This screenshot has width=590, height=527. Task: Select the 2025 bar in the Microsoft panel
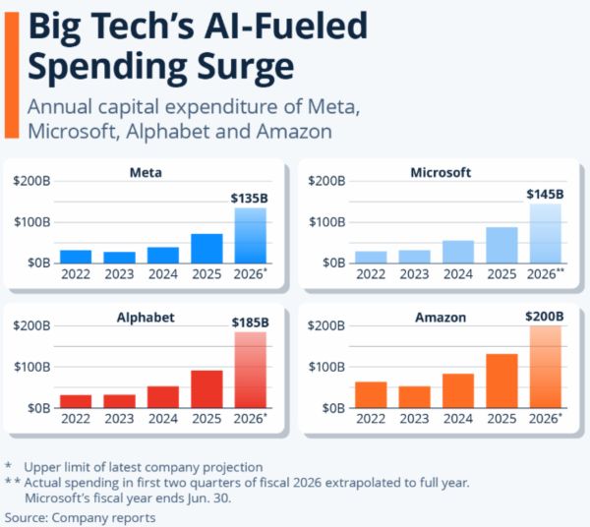pyautogui.click(x=501, y=245)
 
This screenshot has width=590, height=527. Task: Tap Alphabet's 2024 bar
pyautogui.click(x=163, y=395)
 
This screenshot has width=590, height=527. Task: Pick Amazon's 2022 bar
pyautogui.click(x=370, y=393)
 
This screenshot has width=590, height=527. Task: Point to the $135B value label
pyautogui.click(x=250, y=199)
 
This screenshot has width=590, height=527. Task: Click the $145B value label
pyautogui.click(x=545, y=194)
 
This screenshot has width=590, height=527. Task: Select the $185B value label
pyautogui.click(x=250, y=322)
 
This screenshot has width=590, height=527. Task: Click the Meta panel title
pyautogui.click(x=146, y=173)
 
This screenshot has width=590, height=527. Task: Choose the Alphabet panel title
pyautogui.click(x=146, y=319)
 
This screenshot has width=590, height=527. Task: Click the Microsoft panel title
pyautogui.click(x=440, y=173)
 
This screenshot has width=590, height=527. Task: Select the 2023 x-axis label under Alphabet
pyautogui.click(x=120, y=419)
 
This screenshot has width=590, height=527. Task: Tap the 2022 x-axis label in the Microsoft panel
pyautogui.click(x=370, y=274)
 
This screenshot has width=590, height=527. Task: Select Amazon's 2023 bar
pyautogui.click(x=414, y=396)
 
